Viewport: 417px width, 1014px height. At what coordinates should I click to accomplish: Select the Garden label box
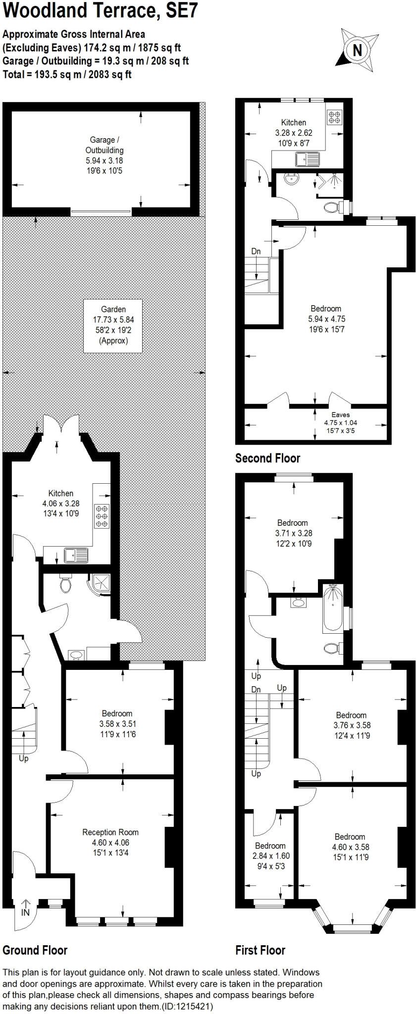[113, 325]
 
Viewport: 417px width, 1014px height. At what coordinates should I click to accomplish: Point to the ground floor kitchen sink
[76, 555]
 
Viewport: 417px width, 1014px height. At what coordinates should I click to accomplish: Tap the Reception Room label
[110, 832]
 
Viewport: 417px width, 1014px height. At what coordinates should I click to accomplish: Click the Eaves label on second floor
[340, 415]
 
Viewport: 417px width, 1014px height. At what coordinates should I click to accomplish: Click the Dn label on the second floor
[256, 252]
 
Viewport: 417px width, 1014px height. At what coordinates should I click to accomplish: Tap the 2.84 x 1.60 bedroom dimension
[270, 856]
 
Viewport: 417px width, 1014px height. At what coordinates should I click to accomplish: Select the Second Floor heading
[267, 458]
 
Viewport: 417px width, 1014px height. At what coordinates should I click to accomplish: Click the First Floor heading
[261, 950]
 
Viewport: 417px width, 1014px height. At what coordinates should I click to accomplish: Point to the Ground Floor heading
[35, 950]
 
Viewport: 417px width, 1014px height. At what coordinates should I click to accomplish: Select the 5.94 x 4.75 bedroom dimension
[326, 319]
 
